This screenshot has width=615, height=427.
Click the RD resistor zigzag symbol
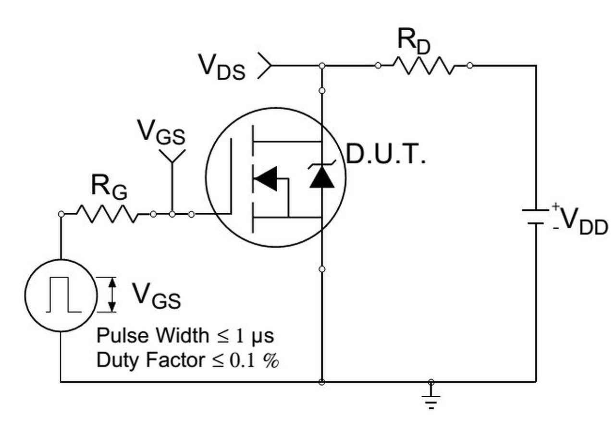pyautogui.click(x=423, y=65)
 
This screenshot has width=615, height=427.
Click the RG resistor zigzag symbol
pyautogui.click(x=107, y=214)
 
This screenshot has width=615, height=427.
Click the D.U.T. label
pyautogui.click(x=386, y=155)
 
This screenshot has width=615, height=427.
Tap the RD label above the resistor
pyautogui.click(x=414, y=40)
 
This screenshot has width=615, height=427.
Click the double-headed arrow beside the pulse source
pyautogui.click(x=112, y=295)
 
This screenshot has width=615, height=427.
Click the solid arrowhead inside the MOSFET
pyautogui.click(x=265, y=179)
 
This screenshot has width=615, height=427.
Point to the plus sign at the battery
pyautogui.click(x=555, y=206)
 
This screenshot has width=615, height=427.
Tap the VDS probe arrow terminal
pyautogui.click(x=264, y=65)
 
